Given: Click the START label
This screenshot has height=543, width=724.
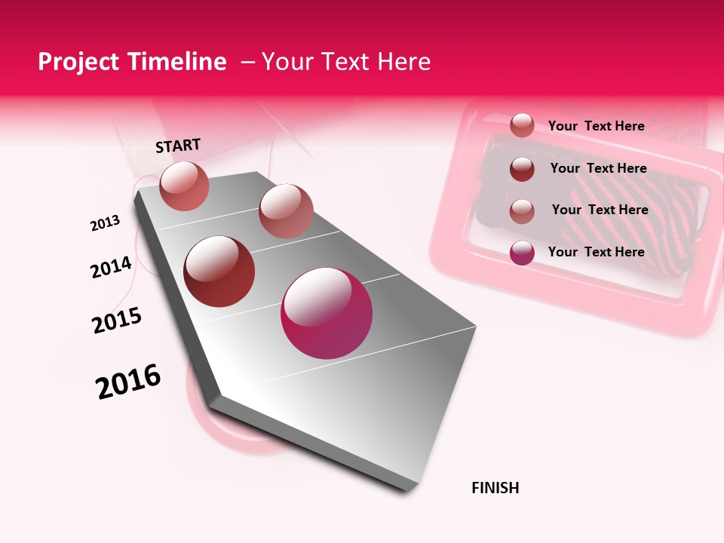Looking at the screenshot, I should pos(178,146).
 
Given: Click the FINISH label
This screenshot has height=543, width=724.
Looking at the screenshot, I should pos(495,488).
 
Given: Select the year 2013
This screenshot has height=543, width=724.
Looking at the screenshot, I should pos(105,223).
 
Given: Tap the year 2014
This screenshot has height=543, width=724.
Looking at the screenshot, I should pos(111,267).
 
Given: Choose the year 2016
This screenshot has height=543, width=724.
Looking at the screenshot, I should pos(128,382).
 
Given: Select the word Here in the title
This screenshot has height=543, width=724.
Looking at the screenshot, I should pos(404,62).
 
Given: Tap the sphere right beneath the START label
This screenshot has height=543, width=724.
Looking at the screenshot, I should pos(185,186).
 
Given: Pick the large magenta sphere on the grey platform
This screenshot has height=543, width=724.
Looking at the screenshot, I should pos(327,313).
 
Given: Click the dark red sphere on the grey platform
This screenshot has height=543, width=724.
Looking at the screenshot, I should pos(219,271).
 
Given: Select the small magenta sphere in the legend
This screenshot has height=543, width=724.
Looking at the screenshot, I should pos(522,253).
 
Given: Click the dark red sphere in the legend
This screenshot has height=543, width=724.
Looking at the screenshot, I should pos(522,169).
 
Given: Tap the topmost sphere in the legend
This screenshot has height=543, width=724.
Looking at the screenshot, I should pos(522,125).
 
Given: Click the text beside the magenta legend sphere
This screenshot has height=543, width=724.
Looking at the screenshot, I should pos(596,252).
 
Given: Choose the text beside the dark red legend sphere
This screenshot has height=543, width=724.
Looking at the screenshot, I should pos(598,168).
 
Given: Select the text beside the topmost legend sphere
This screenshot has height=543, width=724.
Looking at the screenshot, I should pos(596,126).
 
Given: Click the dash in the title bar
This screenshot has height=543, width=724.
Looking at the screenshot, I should pos(247,62).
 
